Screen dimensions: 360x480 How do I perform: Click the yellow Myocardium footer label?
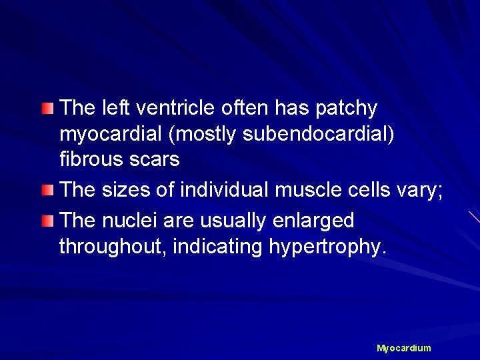tap(404, 348)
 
